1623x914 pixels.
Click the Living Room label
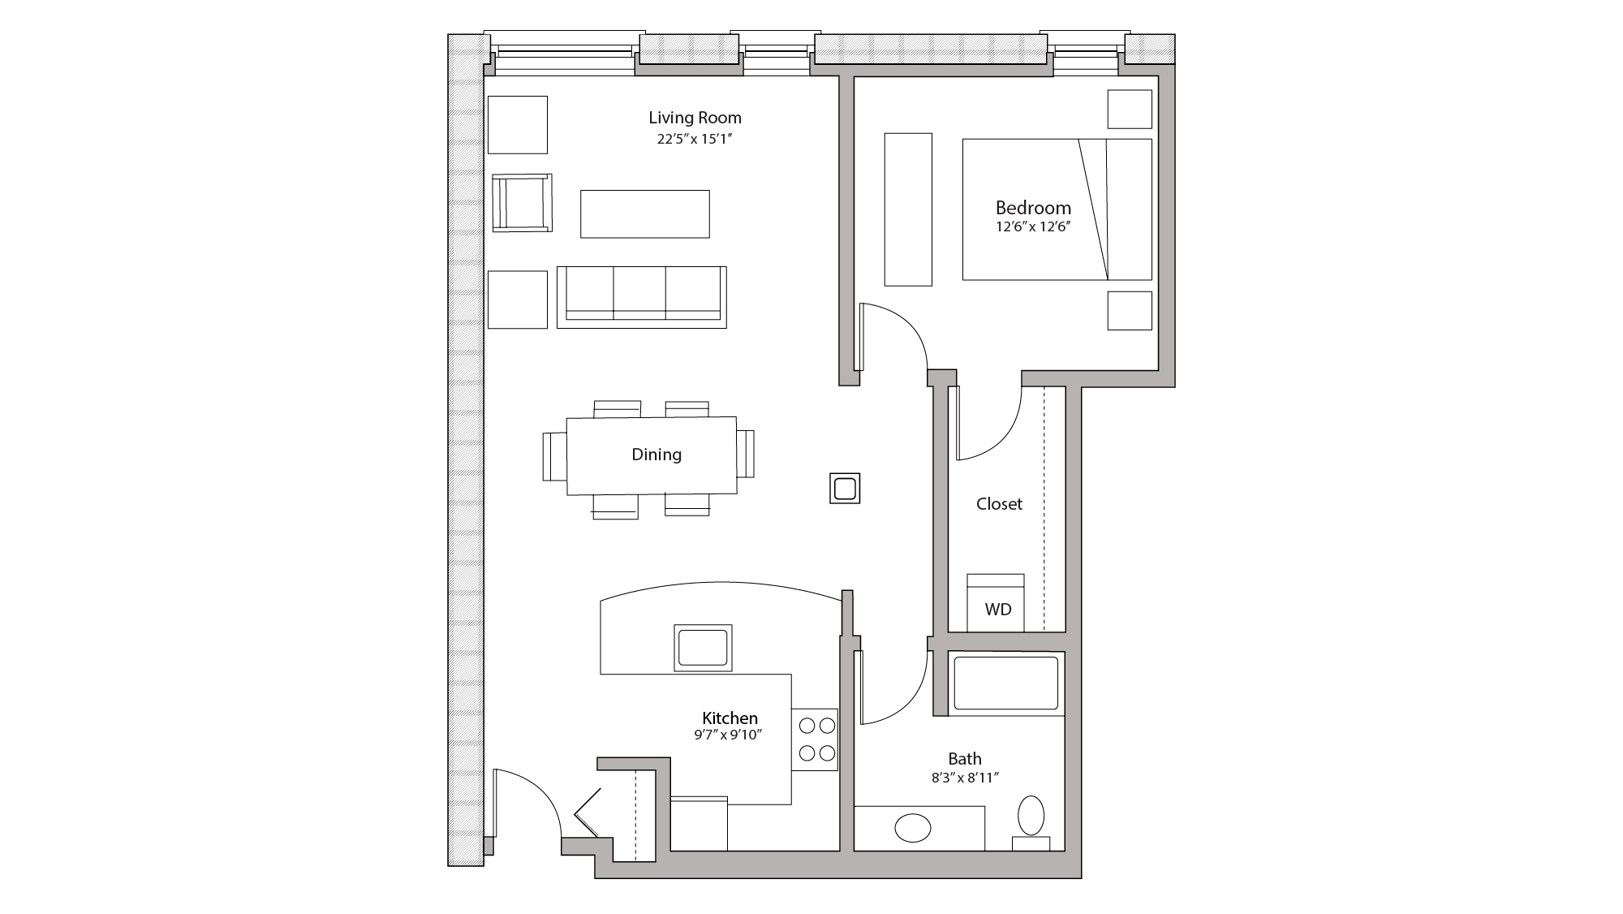(695, 118)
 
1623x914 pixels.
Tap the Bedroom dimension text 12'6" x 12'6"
(1033, 227)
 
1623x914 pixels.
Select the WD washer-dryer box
(996, 605)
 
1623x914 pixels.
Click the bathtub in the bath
(1005, 683)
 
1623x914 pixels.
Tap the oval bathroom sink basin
(913, 829)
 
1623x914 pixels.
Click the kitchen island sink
(703, 648)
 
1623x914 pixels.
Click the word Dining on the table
(656, 455)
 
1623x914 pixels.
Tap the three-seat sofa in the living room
(641, 296)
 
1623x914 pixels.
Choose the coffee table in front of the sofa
(644, 214)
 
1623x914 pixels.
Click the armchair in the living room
(523, 203)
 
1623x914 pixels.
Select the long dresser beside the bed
(907, 209)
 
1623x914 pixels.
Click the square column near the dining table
(844, 489)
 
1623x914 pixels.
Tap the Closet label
(999, 504)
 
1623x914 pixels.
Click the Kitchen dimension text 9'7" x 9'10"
(729, 735)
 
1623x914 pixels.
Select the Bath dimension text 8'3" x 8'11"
(964, 778)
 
